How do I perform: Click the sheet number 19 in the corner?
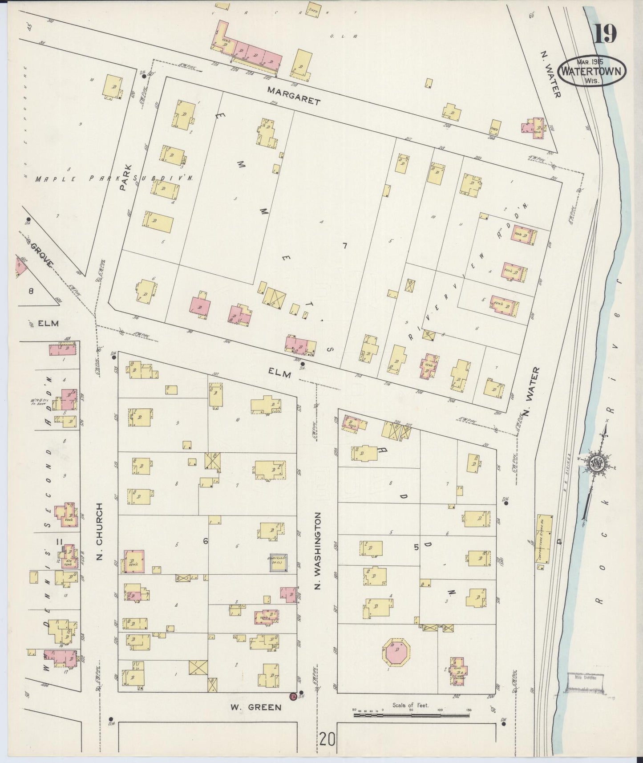[605, 34]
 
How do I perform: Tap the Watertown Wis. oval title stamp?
[591, 71]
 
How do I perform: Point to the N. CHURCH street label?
[99, 532]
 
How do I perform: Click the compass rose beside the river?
[596, 464]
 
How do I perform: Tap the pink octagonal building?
[396, 654]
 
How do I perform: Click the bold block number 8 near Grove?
[31, 291]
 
